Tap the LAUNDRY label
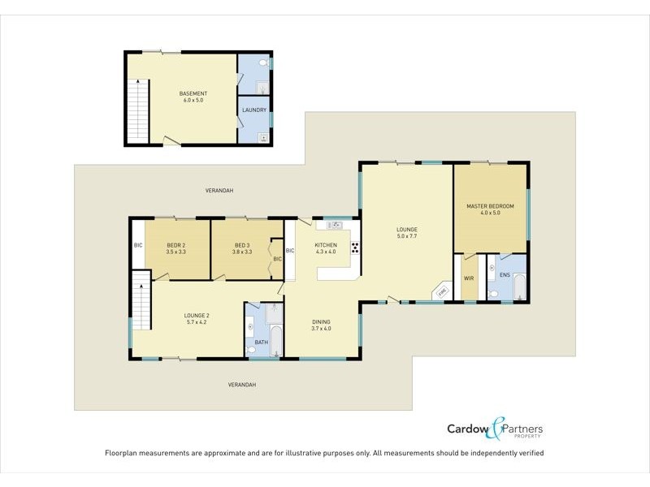click(254, 110)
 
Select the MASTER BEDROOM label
click(490, 206)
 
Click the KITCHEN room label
click(326, 244)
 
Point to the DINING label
click(321, 321)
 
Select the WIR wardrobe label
click(468, 278)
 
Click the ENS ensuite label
click(505, 275)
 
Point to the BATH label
click(261, 342)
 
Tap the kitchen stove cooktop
click(355, 249)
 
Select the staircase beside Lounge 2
click(141, 300)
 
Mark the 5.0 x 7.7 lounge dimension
click(406, 237)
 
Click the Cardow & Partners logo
click(495, 429)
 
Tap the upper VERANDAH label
click(219, 190)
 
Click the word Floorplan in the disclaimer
click(122, 452)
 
